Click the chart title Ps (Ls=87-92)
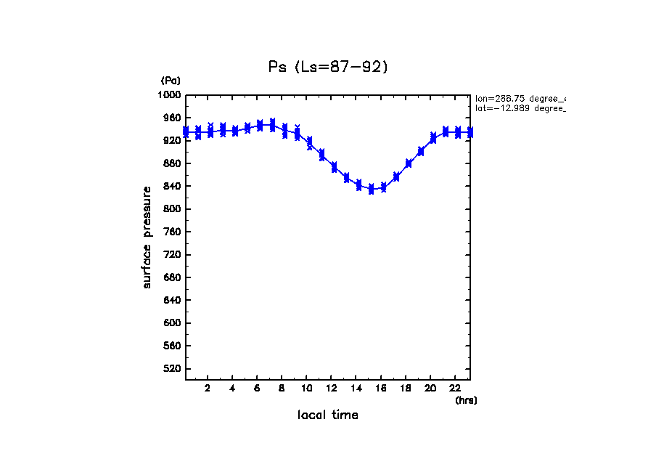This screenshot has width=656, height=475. click(328, 67)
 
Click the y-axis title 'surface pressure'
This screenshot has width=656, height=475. click(147, 237)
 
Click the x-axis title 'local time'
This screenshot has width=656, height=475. click(328, 415)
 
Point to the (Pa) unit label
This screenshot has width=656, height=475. click(171, 81)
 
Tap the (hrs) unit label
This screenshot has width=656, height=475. click(466, 400)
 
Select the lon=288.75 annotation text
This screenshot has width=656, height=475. click(520, 98)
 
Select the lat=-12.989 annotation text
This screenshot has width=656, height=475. click(520, 108)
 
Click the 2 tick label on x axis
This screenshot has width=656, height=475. click(208, 388)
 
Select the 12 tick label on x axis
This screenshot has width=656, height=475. click(331, 388)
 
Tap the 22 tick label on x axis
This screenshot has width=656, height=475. click(455, 388)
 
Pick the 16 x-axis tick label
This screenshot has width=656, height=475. click(380, 388)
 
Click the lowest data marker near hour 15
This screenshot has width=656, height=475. click(371, 190)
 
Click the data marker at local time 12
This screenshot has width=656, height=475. click(334, 167)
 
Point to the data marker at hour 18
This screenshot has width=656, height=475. click(409, 163)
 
